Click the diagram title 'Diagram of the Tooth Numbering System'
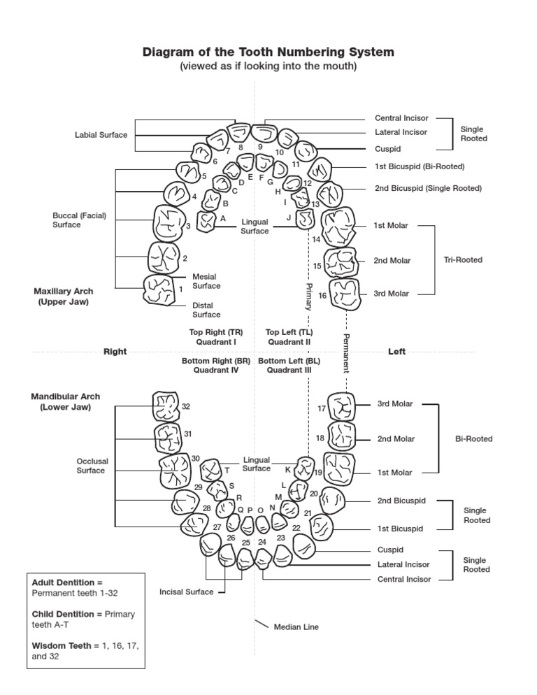coord(268,52)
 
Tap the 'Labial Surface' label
coord(101,135)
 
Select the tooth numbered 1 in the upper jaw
coord(159,289)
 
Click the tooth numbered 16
coord(345,294)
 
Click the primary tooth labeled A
coord(208,221)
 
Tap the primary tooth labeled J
coord(305,220)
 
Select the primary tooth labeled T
coord(211,469)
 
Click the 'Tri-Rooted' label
coord(463,260)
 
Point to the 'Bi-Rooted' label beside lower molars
coord(473,439)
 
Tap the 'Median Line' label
coord(296,627)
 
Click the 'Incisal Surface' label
coord(185,592)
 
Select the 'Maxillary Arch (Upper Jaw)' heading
coord(63,296)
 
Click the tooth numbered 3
coord(168,223)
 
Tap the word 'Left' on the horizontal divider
coord(396,352)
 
